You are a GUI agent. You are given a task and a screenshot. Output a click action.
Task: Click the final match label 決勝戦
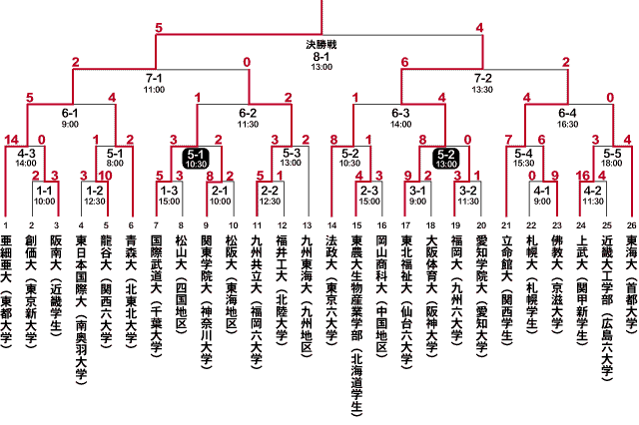321,44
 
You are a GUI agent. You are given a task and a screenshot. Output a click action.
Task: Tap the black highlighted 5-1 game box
196,159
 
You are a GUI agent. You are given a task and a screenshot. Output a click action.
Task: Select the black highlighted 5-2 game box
446,159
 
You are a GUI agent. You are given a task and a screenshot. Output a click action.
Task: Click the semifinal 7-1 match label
154,78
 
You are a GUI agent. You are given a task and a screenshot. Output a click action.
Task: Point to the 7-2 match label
483,78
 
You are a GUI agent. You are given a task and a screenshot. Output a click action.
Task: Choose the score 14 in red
11,140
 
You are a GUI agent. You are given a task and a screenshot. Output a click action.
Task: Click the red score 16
583,176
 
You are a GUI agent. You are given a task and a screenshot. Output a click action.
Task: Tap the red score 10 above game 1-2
105,176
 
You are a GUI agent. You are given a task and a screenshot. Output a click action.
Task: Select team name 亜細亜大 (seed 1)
6,259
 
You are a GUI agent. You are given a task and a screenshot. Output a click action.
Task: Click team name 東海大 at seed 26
631,252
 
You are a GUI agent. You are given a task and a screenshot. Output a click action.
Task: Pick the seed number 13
308,225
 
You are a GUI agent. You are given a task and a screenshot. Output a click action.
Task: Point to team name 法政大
331,252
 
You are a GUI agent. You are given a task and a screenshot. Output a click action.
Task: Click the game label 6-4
567,113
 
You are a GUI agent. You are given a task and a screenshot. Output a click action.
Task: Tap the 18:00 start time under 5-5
612,164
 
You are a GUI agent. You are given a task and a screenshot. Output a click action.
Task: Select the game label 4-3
27,154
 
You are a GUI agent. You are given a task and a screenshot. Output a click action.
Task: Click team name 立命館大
506,259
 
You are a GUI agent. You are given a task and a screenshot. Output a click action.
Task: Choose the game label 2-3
369,191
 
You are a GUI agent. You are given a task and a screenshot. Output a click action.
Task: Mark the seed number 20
481,225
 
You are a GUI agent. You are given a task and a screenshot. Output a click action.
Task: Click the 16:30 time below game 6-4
567,124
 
